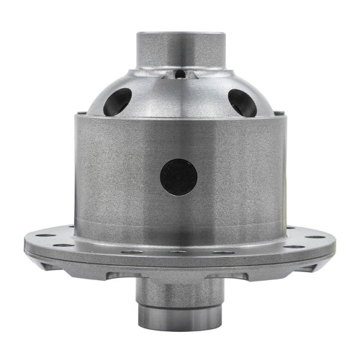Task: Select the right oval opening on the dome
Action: click(241, 102)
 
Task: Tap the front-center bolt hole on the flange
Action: click(179, 253)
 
